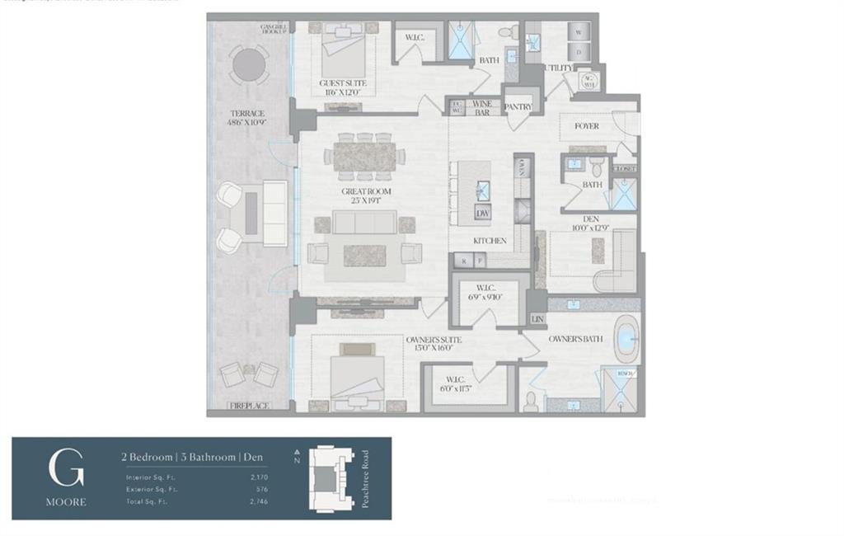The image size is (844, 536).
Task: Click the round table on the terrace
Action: pos(249,63)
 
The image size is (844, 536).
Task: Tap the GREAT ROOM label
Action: pos(367,191)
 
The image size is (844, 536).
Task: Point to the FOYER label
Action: pos(586,126)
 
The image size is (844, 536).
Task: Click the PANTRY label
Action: pos(518,107)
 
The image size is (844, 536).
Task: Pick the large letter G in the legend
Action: pos(66,468)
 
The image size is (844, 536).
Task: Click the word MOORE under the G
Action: pos(66,501)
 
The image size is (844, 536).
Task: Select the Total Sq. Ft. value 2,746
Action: pos(256,501)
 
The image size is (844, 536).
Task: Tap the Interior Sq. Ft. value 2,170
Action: pos(256,477)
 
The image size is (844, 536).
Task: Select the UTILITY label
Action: pos(559,68)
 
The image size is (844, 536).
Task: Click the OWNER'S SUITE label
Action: pos(433,340)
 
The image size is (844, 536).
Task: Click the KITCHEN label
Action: pos(489,241)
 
